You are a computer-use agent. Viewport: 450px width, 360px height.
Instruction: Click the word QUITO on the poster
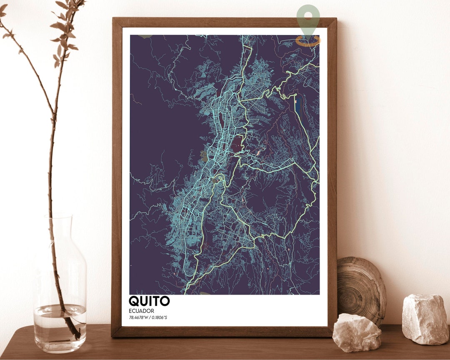coord(149,301)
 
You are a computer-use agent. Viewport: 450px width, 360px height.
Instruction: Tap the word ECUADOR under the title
coord(142,311)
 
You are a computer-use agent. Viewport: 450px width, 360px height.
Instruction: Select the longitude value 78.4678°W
coord(139,317)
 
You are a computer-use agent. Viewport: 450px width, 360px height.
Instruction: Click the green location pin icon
coord(308,20)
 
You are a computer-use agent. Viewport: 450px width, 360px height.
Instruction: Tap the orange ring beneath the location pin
coord(308,41)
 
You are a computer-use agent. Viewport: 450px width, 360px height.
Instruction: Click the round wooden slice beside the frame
coord(361,287)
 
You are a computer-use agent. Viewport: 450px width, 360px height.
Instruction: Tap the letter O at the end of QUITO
coord(165,301)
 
